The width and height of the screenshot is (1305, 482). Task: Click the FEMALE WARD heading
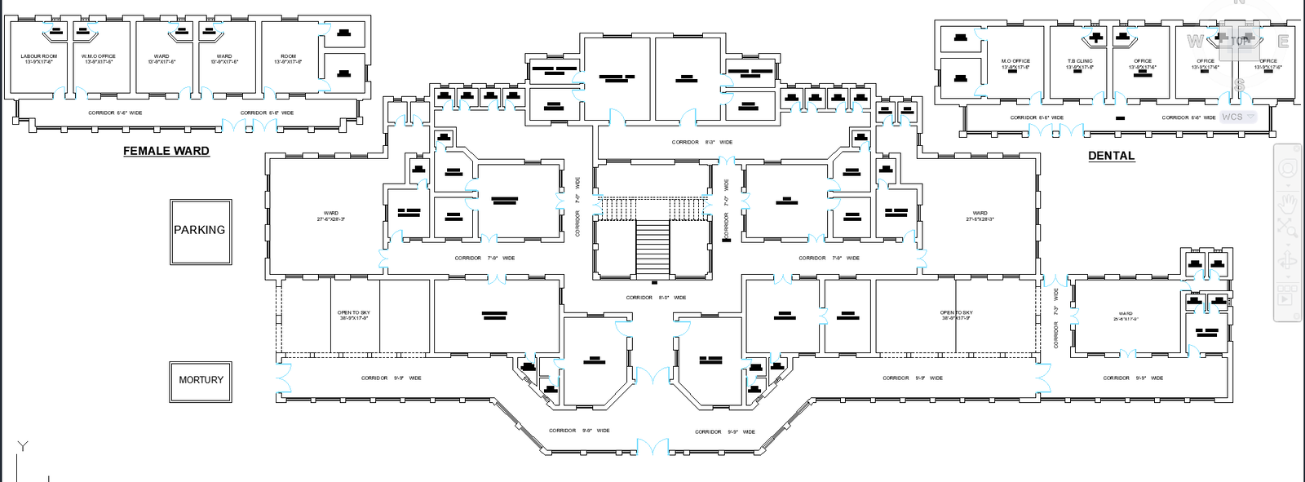click(x=166, y=151)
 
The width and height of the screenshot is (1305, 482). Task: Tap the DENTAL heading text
click(x=1111, y=156)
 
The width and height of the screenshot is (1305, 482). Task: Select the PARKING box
click(x=200, y=231)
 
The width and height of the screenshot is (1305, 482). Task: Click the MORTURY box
click(x=201, y=380)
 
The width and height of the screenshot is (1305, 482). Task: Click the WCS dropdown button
click(x=1238, y=117)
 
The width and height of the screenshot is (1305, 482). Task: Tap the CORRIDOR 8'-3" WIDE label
click(x=701, y=142)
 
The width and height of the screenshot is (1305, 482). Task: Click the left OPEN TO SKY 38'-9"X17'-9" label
click(x=354, y=315)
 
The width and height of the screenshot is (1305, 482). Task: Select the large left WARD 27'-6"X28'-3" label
click(x=330, y=216)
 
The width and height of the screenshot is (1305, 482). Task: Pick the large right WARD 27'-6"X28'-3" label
click(x=980, y=216)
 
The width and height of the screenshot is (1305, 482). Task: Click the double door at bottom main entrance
click(x=652, y=447)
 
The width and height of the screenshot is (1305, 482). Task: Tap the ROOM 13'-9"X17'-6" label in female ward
click(x=288, y=59)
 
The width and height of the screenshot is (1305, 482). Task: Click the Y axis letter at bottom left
click(x=23, y=446)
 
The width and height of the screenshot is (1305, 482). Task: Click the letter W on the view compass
click(x=1195, y=41)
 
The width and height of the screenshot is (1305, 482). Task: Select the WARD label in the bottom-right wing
click(x=1126, y=316)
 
